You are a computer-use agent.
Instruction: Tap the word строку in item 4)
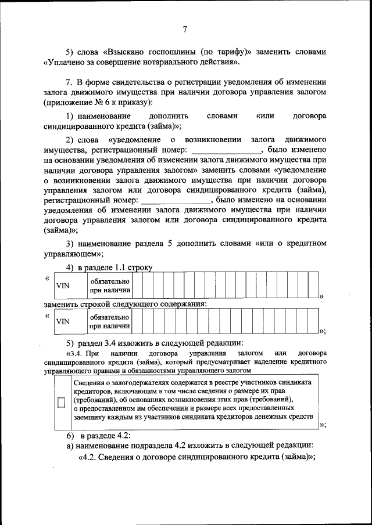pyautogui.click(x=139, y=267)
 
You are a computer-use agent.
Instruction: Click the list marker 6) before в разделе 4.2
pyautogui.click(x=70, y=436)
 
